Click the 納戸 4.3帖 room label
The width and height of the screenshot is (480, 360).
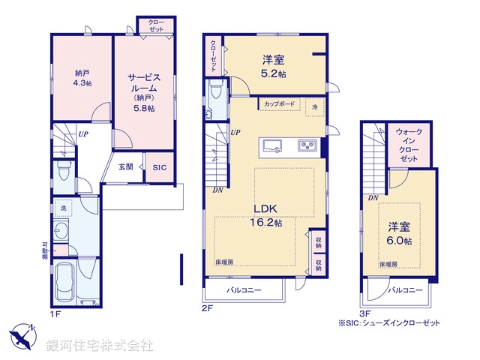coord(82,78)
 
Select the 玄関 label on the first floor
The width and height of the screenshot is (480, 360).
coord(126,166)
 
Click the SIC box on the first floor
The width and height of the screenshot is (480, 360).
coord(160,167)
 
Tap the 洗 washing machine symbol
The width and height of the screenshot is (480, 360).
coord(64,208)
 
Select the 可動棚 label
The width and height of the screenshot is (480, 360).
coord(45,251)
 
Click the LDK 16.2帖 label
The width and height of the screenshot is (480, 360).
coord(266,216)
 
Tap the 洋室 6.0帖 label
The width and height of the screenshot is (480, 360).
coord(399,232)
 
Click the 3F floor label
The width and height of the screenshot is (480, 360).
coord(365,312)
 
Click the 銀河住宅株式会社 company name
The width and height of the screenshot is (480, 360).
coord(99,346)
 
